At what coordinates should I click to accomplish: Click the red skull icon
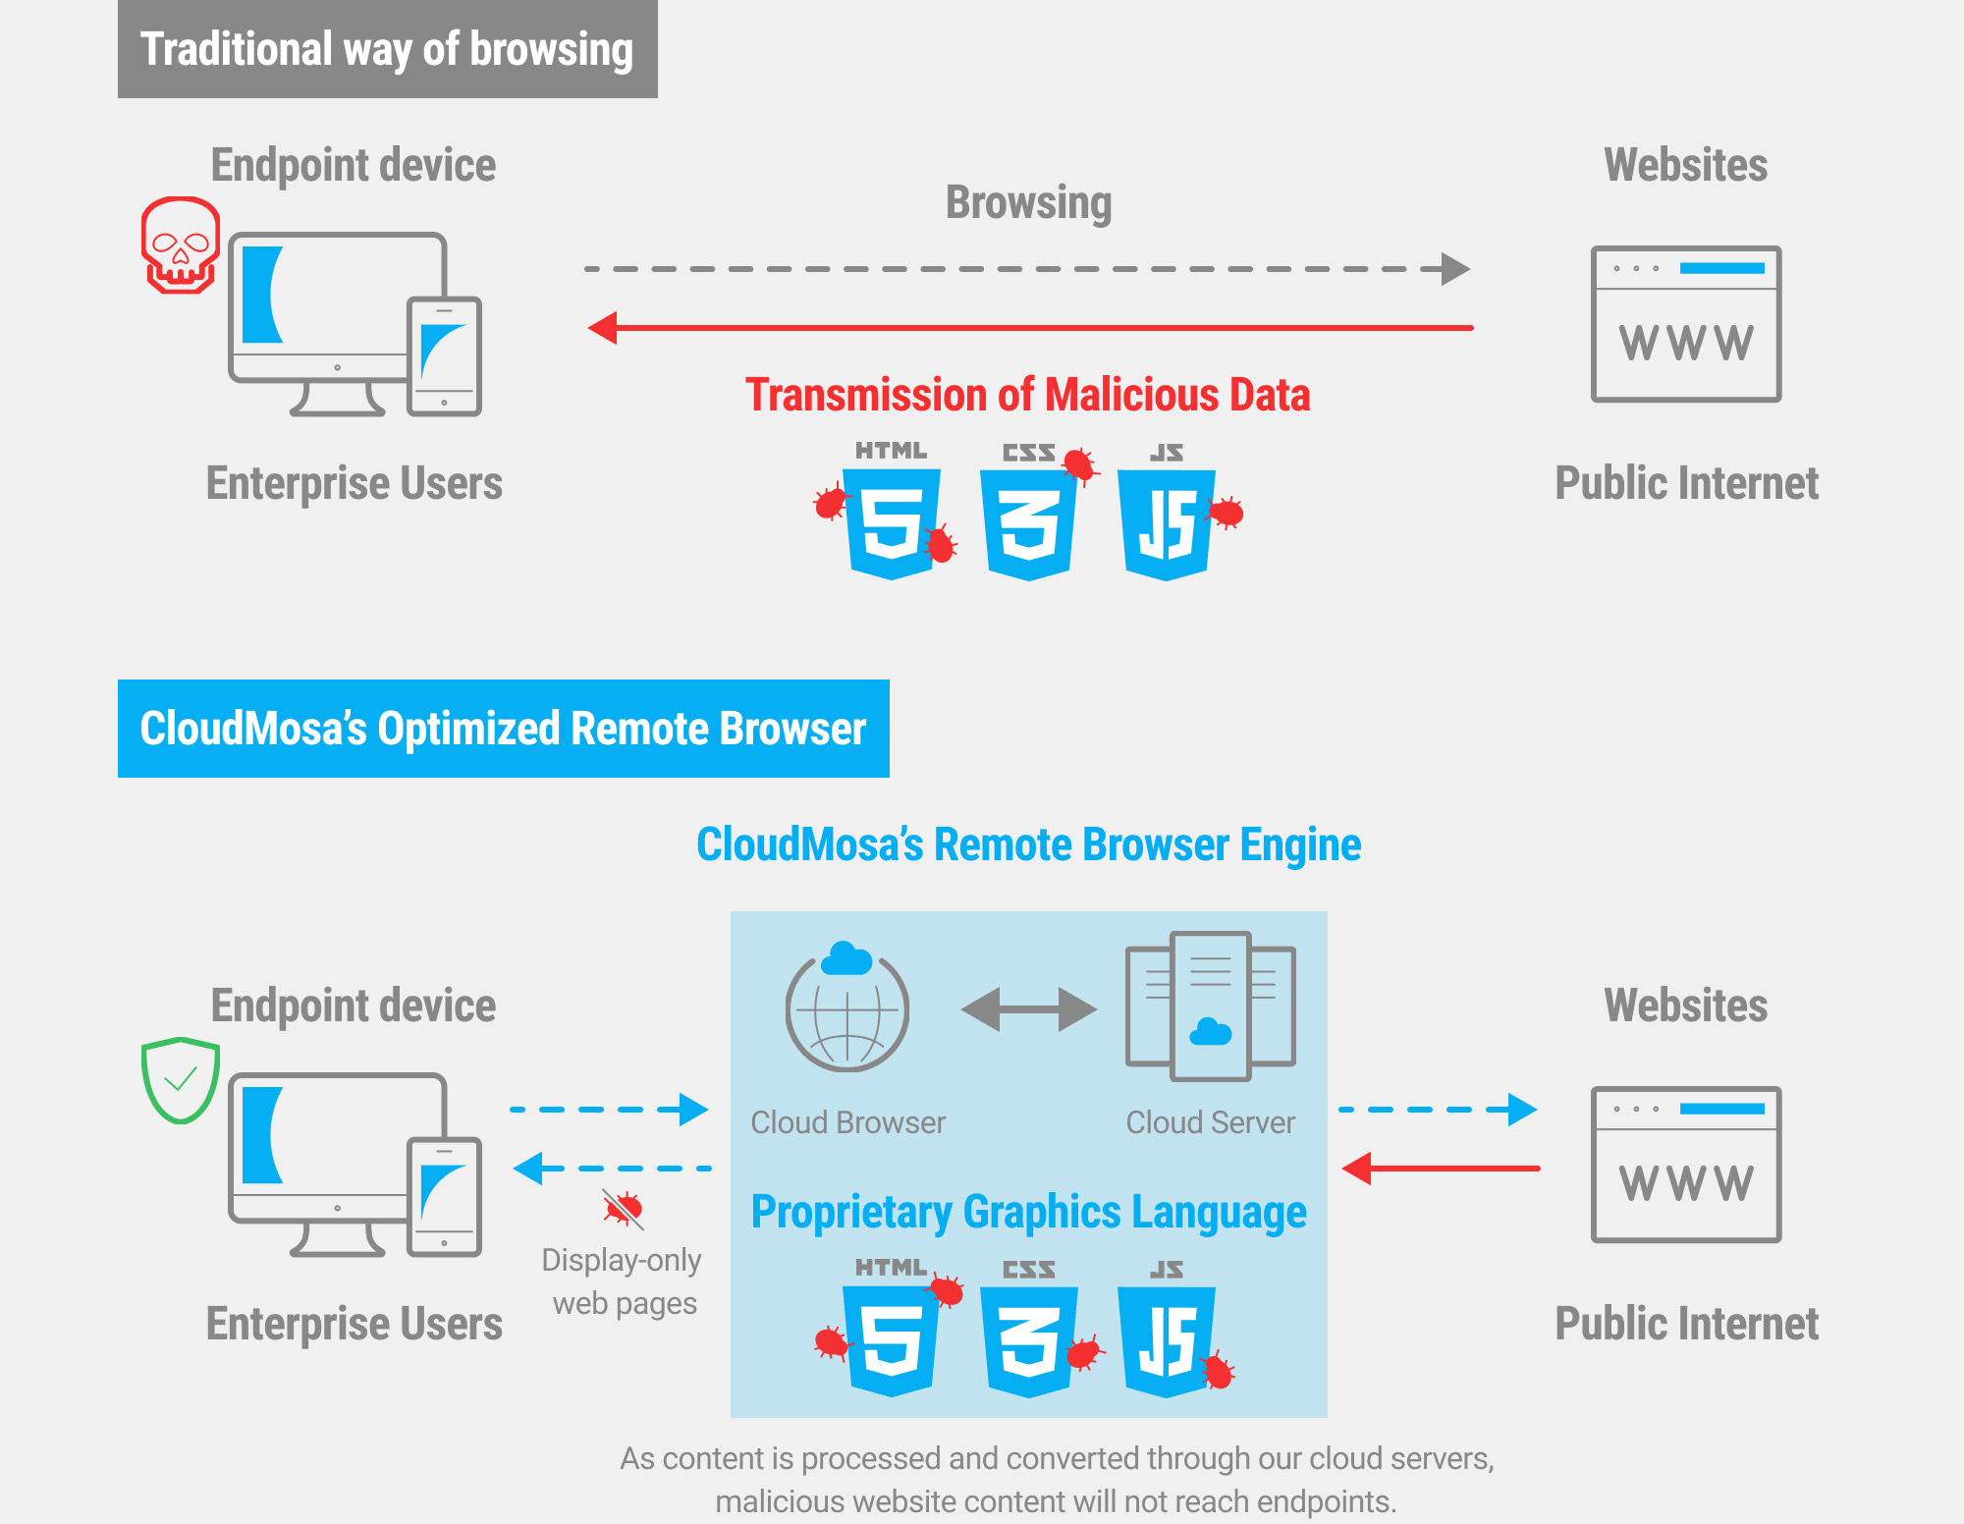coord(180,245)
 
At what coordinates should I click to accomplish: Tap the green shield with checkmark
coord(180,1079)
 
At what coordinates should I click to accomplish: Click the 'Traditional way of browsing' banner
coord(387,49)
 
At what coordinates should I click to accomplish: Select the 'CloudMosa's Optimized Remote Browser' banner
coord(503,729)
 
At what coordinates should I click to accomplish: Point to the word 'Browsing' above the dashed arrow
coord(1028,203)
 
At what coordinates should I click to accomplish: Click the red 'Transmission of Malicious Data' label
coord(1027,395)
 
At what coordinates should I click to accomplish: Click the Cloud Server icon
coord(1210,1007)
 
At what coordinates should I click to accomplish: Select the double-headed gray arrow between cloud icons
coord(1028,1009)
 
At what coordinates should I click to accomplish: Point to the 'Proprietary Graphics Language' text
coord(1028,1213)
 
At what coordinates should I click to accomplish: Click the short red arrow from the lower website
coord(1440,1169)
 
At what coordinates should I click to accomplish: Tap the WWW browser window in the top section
coord(1686,324)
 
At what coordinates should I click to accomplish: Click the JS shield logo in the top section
coord(1167,523)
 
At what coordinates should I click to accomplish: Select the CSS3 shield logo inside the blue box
coord(1029,1340)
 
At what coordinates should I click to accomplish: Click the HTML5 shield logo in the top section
coord(892,523)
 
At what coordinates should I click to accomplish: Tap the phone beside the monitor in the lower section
coord(445,1196)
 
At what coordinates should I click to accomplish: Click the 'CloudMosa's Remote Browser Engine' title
coord(1028,844)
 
